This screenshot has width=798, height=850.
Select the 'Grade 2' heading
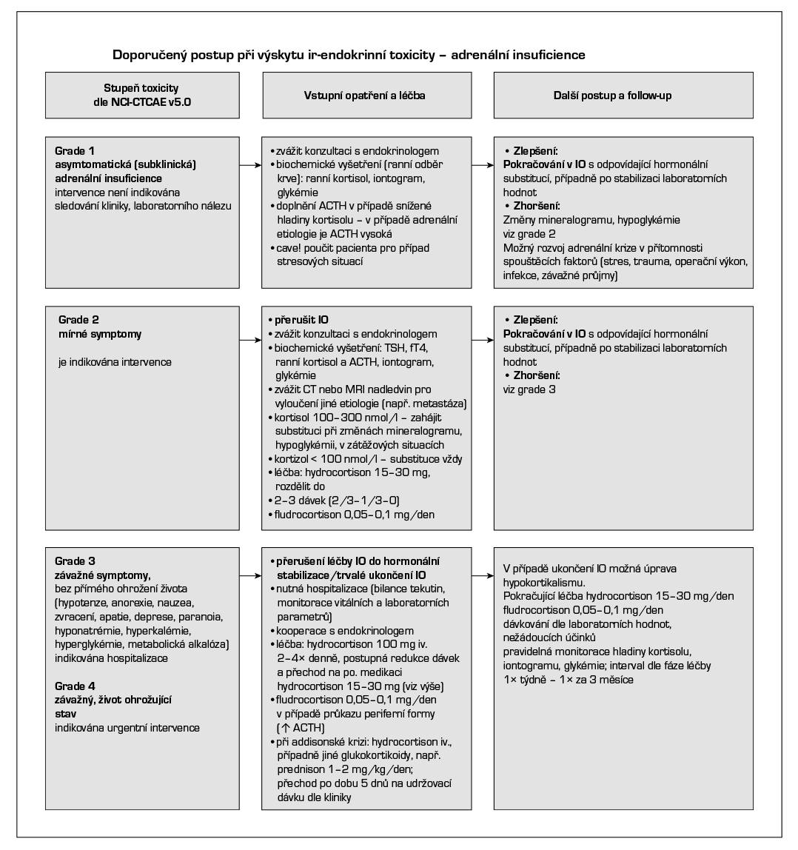79,320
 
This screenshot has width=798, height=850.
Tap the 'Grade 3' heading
76,560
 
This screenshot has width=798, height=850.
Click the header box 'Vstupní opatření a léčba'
365,96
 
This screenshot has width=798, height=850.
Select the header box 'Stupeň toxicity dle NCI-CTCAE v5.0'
141,96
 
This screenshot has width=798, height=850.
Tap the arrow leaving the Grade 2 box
249,340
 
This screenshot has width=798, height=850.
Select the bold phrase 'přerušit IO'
301,321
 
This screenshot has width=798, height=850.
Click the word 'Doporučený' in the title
144,55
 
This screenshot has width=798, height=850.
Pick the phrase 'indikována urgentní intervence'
127,729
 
